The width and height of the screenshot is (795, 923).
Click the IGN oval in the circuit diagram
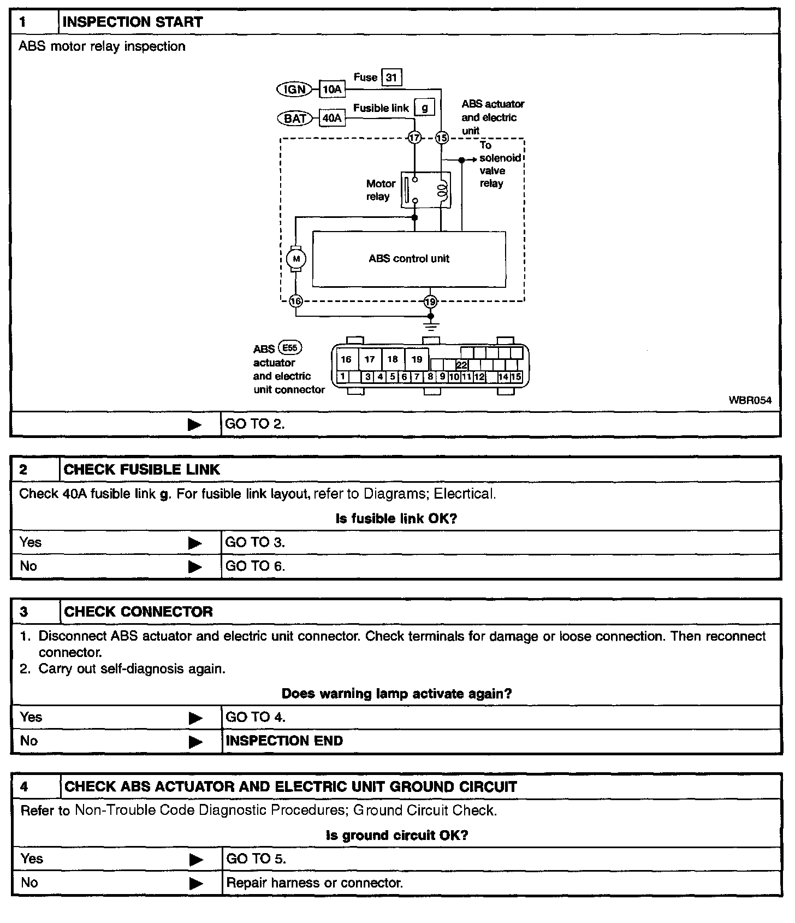294,90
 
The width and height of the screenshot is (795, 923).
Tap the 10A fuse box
332,90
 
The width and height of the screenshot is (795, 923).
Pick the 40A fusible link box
332,118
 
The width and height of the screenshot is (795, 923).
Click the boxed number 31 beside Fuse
391,78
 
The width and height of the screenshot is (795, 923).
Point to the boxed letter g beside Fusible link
424,108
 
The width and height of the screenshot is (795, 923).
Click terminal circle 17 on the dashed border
414,138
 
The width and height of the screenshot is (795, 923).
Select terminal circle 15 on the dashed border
441,138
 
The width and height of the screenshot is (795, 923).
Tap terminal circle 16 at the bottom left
295,301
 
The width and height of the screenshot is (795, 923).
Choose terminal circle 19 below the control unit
430,301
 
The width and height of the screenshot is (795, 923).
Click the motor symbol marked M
296,259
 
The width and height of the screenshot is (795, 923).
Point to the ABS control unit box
408,259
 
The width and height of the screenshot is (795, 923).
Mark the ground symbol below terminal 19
431,326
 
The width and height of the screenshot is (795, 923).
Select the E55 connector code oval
290,347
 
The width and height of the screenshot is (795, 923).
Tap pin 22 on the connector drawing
461,365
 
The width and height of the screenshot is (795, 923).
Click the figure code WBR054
750,400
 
